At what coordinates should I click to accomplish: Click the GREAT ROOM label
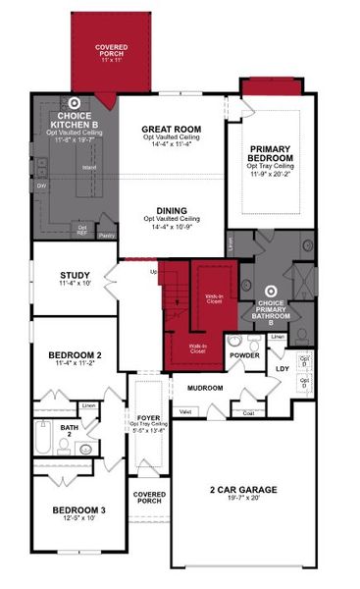[172, 129]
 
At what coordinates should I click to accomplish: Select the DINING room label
[172, 209]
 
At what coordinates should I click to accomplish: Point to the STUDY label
[75, 275]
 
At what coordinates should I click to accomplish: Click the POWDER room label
[244, 354]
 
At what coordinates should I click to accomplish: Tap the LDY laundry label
[283, 368]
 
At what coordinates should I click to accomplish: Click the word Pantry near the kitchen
[108, 236]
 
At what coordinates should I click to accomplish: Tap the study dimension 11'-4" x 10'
[75, 284]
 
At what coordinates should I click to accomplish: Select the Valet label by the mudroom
[185, 412]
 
